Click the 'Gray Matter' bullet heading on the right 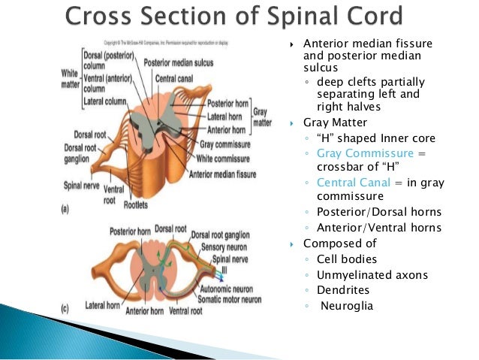[333, 123]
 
